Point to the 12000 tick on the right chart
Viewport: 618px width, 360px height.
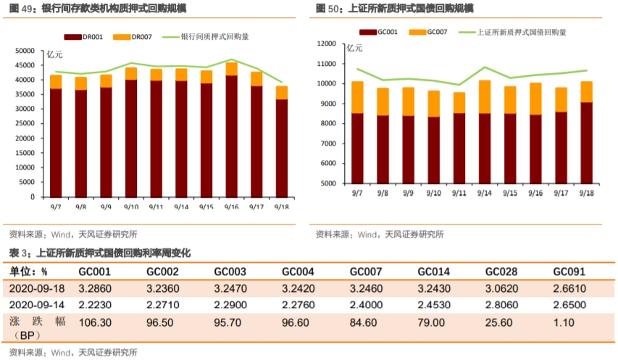[327, 44]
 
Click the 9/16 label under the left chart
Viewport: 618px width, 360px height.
[231, 206]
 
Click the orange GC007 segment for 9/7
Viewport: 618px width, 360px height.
[357, 97]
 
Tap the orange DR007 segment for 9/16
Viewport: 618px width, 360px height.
[231, 69]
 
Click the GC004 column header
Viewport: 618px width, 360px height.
[297, 272]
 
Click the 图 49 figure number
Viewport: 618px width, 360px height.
[20, 8]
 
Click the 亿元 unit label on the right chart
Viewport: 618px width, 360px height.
[355, 49]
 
